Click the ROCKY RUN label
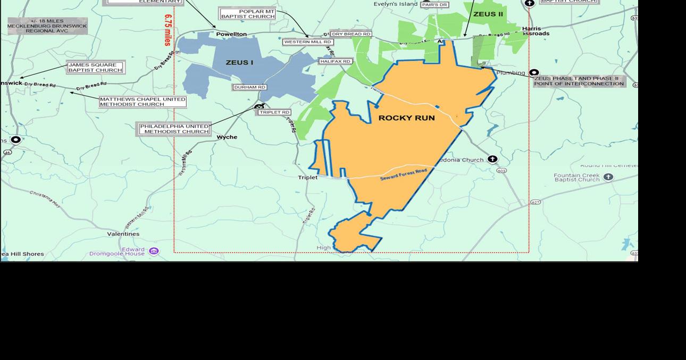click(406, 118)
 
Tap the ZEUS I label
click(239, 63)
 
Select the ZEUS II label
click(488, 14)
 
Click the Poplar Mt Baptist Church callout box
click(248, 14)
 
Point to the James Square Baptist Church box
click(95, 68)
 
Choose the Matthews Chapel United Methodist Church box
click(143, 102)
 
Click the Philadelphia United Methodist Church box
click(174, 129)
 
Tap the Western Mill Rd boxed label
click(308, 42)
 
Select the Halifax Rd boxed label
click(336, 62)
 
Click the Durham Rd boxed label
click(249, 87)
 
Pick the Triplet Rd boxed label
click(274, 113)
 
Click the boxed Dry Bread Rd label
click(350, 34)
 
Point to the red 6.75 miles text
click(168, 30)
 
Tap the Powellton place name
click(231, 34)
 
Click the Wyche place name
click(227, 137)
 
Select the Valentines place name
click(123, 234)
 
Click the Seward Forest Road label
click(404, 174)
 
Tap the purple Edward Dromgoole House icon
click(154, 251)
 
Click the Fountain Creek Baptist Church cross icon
click(608, 177)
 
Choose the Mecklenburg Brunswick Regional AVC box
click(47, 26)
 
